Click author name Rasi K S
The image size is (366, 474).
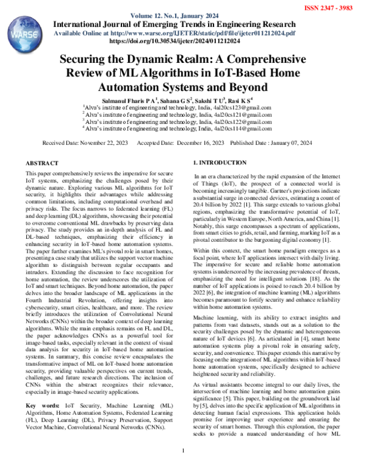coord(247,100)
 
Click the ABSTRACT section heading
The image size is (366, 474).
coord(43,164)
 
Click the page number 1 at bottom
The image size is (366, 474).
coord(183,453)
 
